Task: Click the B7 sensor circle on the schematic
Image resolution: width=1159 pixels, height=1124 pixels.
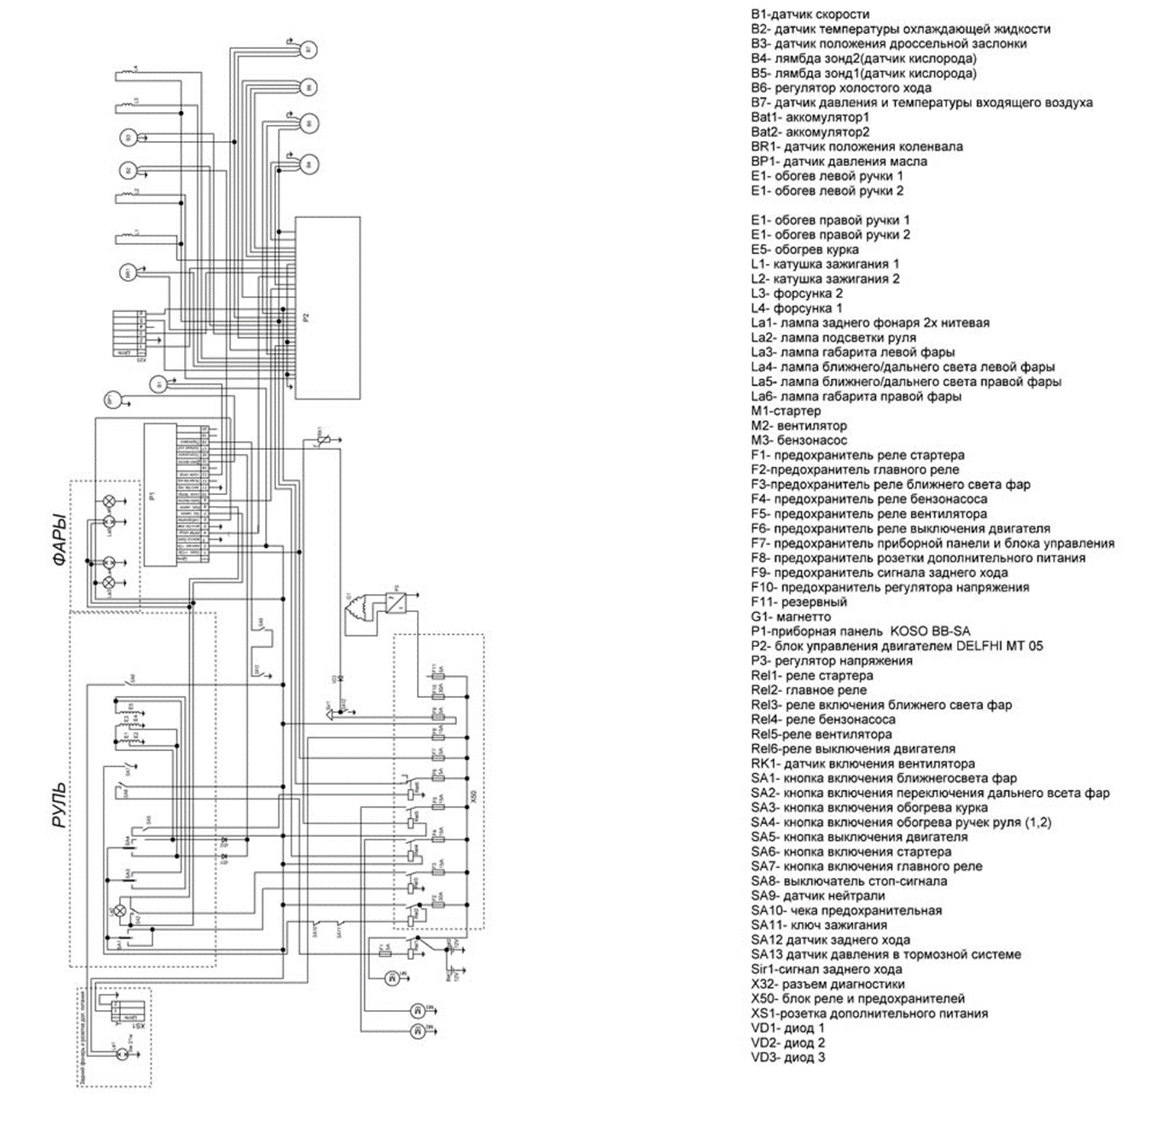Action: pyautogui.click(x=307, y=50)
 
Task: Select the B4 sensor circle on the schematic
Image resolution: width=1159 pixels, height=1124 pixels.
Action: pyautogui.click(x=307, y=164)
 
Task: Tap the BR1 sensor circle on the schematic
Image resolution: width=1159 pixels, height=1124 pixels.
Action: pyautogui.click(x=128, y=273)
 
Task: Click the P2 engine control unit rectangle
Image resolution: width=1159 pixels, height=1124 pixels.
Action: pyautogui.click(x=328, y=308)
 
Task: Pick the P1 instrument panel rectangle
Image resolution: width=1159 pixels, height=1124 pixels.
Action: pyautogui.click(x=160, y=495)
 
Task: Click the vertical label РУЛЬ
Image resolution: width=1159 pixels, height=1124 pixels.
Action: pyautogui.click(x=60, y=805)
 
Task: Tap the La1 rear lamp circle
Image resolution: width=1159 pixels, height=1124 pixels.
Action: pyautogui.click(x=121, y=1054)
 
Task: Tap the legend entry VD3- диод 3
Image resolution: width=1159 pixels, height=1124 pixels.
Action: pyautogui.click(x=788, y=1058)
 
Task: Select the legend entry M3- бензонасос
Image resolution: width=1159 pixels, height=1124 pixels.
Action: pyautogui.click(x=799, y=440)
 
